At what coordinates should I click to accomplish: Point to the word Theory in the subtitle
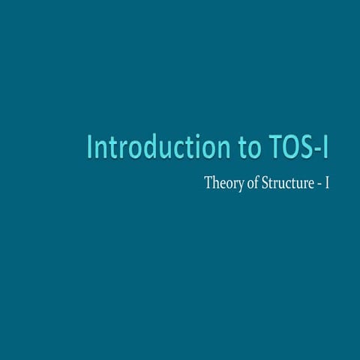[x=223, y=183]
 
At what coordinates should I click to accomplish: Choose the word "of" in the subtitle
[x=251, y=183]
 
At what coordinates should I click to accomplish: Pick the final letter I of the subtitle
[x=326, y=183]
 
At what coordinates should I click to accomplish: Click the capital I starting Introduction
[x=90, y=148]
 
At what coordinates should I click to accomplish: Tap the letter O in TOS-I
[x=284, y=148]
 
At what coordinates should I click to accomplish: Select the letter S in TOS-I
[x=302, y=148]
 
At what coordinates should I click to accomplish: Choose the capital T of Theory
[x=208, y=183]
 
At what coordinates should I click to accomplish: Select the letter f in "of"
[x=255, y=182]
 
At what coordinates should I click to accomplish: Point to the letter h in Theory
[x=216, y=182]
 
